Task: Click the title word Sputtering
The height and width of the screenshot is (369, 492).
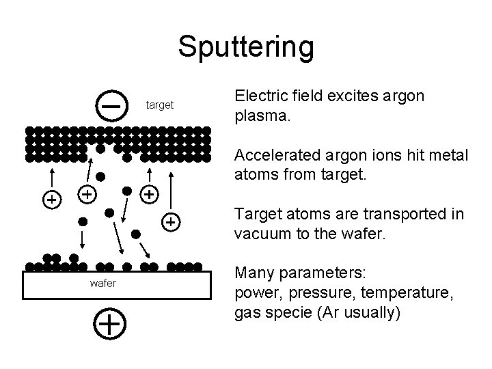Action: coord(246,47)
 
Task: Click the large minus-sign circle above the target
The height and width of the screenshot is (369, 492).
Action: coord(111,106)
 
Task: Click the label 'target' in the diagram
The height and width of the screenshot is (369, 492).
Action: coord(160,106)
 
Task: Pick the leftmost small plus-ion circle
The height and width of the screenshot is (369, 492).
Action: coord(51,200)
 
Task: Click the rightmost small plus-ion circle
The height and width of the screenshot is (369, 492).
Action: coord(172,221)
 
